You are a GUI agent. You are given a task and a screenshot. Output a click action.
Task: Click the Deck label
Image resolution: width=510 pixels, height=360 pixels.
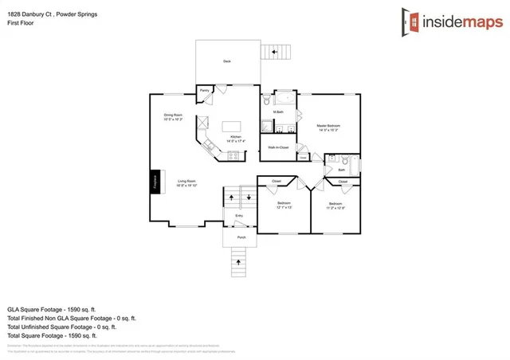pos(227,60)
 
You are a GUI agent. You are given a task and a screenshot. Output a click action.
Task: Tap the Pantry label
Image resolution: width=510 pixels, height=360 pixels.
pos(204,91)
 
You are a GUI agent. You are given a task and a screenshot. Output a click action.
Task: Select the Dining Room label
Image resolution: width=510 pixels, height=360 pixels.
pos(174,117)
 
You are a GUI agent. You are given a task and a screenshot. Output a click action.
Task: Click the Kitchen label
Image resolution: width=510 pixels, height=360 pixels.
pos(235,139)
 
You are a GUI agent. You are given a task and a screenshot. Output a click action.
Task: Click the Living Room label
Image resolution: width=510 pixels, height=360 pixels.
pos(186,183)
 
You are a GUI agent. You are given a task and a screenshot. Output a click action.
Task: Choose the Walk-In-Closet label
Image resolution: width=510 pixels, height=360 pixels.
pos(278,147)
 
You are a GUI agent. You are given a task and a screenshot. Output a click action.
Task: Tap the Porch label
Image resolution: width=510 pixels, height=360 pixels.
pos(240,237)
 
